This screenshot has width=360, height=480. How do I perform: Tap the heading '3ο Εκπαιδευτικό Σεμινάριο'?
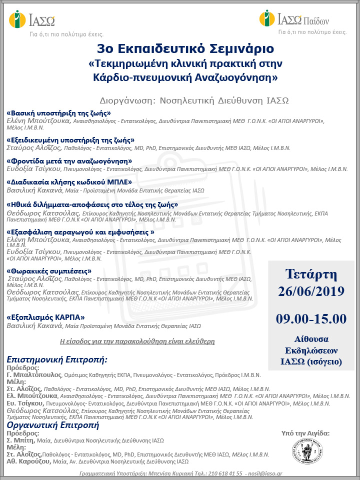179,49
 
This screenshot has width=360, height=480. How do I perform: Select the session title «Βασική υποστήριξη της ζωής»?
59,113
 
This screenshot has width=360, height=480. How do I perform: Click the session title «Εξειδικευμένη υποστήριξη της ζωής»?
70,140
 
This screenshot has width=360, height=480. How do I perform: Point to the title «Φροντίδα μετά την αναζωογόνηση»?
69,161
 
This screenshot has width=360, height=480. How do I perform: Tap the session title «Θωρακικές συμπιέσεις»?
49,270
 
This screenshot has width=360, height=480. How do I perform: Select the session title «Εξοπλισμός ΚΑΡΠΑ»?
45,317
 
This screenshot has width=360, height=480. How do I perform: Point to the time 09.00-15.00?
310,318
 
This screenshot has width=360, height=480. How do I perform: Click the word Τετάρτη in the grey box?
311,274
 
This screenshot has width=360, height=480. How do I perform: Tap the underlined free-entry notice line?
137,341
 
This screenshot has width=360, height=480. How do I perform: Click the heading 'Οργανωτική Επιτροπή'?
52,425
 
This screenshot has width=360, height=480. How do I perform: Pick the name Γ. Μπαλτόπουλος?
34,374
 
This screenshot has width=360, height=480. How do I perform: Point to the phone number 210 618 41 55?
224,472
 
